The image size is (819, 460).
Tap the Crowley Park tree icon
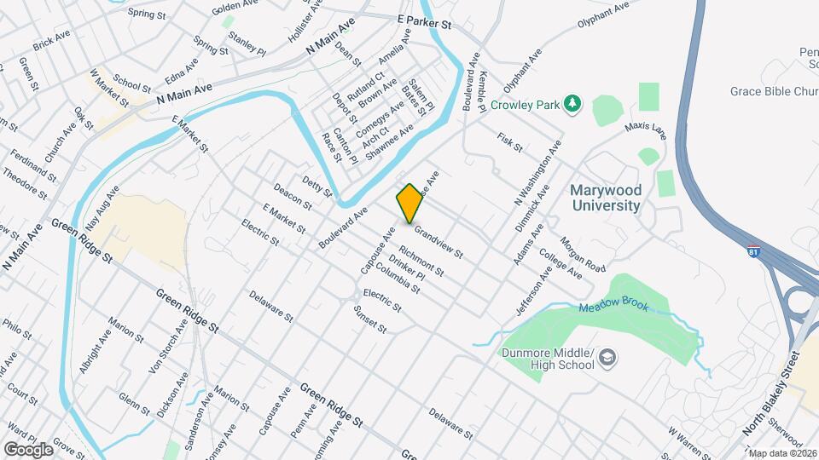(x=574, y=104)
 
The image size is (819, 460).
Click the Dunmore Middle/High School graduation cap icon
(x=606, y=356)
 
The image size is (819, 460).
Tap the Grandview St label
(x=438, y=242)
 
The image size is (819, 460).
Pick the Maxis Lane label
(x=644, y=129)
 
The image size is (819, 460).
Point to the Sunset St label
(x=369, y=318)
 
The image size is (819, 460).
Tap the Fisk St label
(x=509, y=141)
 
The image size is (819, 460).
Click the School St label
(x=131, y=81)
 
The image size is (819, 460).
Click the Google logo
(x=28, y=449)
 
